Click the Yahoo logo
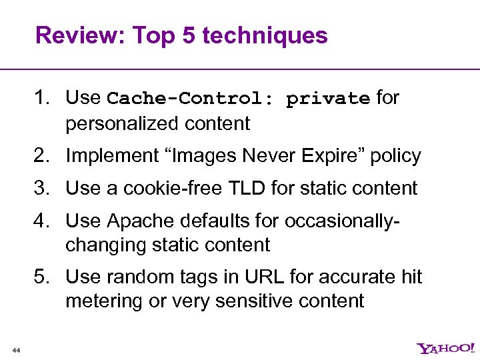[446, 348]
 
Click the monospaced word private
[327, 99]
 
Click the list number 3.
[42, 188]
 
